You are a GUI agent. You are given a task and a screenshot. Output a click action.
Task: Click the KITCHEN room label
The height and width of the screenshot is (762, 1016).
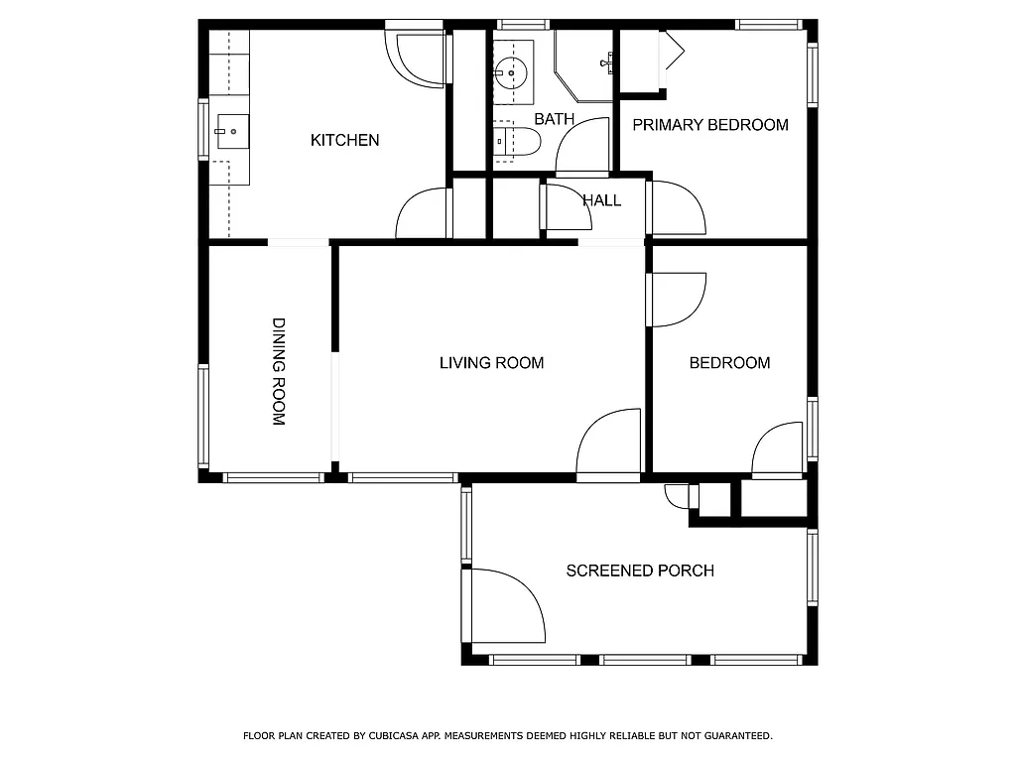point(344,140)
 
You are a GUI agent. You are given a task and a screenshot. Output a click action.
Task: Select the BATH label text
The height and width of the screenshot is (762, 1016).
point(554,119)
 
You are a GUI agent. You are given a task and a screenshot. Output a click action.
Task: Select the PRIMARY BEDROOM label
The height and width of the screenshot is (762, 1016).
point(710,125)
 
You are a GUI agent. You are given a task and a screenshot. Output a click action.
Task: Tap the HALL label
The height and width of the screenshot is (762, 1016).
point(601,200)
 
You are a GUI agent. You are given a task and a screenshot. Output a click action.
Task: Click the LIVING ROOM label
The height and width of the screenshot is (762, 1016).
point(491,363)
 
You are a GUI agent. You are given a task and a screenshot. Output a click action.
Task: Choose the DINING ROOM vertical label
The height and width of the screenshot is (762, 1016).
point(279,372)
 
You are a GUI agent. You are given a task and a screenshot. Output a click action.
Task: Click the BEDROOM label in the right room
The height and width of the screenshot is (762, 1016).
point(729,363)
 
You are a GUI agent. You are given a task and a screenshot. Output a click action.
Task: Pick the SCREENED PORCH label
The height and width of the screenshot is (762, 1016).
point(640,571)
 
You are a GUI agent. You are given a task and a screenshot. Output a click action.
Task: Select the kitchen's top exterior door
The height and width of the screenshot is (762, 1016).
point(417,58)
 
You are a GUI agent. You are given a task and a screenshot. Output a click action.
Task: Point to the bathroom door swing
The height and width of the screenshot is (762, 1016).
point(583,147)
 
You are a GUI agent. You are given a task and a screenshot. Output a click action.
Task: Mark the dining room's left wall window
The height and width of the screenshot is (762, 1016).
point(203,416)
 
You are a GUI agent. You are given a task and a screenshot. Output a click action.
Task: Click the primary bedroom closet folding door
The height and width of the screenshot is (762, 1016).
point(670,52)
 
